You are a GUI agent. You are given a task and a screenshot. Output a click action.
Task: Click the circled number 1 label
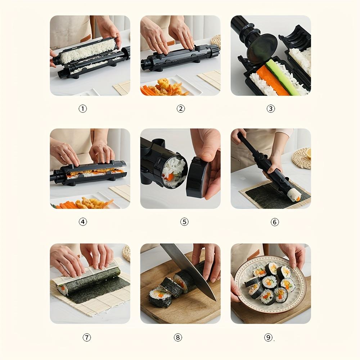click(83, 108)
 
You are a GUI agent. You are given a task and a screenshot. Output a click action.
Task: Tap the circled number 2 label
click(181, 108)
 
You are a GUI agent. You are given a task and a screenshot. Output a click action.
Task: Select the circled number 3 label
click(271, 108)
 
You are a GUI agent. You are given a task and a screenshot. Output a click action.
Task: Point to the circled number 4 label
click(83, 222)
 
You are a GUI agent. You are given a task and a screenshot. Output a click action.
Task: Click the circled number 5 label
click(184, 222)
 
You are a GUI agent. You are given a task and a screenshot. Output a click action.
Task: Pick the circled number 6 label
click(275, 222)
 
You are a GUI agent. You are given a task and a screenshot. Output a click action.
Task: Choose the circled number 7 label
click(87, 337)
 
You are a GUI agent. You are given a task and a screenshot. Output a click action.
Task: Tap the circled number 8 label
click(177, 337)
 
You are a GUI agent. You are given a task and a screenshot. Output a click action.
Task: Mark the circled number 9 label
click(268, 337)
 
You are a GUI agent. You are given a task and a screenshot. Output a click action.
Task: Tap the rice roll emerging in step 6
click(294, 194)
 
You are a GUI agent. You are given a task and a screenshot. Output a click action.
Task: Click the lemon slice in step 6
click(308, 153)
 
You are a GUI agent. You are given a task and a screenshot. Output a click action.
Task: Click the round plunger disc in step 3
click(262, 49)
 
